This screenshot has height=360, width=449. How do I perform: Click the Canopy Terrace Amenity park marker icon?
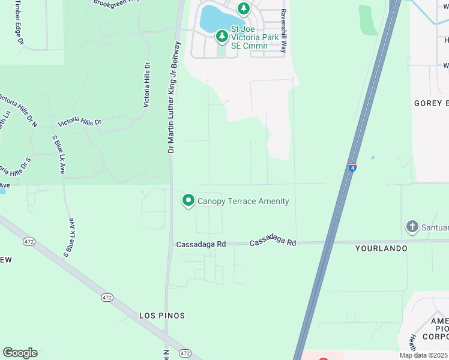click(188, 201)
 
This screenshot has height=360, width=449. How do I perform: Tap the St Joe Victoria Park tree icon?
click(222, 37)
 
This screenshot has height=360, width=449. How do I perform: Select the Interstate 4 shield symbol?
click(352, 167)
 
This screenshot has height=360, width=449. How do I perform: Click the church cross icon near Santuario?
click(412, 227)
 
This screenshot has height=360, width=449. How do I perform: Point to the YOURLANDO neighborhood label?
click(381, 248)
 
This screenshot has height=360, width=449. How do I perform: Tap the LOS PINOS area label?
click(161, 316)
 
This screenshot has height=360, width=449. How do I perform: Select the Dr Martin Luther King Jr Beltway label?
click(173, 97)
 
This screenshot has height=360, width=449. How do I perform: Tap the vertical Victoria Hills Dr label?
click(146, 85)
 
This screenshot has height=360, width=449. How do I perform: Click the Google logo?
click(20, 353)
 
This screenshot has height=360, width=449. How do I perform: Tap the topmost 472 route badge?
click(28, 241)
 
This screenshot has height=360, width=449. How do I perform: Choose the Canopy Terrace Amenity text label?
click(243, 202)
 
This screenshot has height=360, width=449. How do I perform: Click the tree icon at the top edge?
click(243, 8)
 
